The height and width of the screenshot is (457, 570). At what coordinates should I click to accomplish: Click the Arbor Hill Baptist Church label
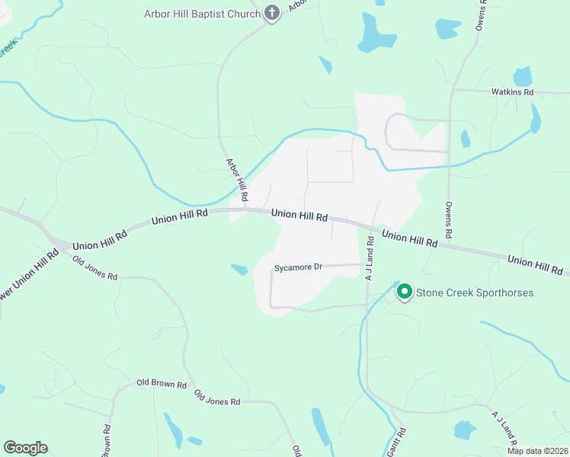pos(203,14)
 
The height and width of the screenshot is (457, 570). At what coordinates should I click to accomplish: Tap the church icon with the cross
pos(272,12)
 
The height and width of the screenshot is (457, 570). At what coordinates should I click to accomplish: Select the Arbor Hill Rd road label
pos(238,180)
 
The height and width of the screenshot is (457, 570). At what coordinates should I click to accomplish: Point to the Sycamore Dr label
pos(299,267)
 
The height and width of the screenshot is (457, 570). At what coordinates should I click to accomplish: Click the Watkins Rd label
pos(513,92)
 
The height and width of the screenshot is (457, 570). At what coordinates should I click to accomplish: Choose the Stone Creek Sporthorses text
pos(474,292)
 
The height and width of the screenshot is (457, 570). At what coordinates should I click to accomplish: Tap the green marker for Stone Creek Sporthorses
pos(404,291)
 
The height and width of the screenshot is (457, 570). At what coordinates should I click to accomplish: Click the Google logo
pos(25,448)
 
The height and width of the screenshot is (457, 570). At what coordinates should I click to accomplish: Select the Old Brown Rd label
pos(162,385)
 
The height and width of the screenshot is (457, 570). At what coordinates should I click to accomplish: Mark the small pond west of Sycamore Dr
pos(239,269)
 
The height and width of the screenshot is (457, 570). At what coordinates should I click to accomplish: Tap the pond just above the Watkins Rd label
pos(522,76)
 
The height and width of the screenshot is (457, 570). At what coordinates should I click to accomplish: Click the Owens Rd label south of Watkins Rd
pos(449,218)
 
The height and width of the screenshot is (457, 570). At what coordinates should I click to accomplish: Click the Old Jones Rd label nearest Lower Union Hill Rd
pos(94,268)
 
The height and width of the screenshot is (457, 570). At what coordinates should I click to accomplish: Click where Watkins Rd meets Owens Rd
pos(451,91)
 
